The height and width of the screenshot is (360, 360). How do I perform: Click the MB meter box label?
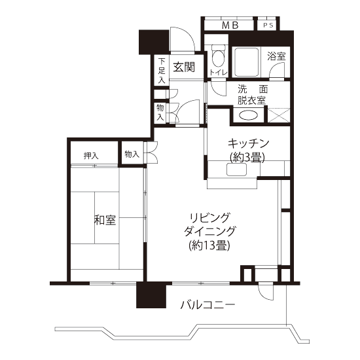point(230,26)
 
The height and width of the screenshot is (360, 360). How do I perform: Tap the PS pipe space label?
point(268,26)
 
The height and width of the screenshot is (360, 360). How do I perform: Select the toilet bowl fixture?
point(218,56)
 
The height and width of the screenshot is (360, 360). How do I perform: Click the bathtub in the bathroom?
point(246,62)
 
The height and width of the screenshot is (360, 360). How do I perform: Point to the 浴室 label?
point(276,56)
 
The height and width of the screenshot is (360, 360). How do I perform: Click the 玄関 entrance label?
point(184,67)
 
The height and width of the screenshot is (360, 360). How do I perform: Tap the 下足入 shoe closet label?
point(162,71)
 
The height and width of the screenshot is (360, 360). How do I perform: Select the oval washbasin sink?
point(248,115)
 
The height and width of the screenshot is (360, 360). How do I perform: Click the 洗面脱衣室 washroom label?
point(252,95)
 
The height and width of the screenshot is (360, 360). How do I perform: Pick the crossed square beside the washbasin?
point(279,115)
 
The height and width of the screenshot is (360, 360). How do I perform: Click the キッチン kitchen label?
point(248,144)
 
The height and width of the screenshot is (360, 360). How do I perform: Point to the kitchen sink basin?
point(236,170)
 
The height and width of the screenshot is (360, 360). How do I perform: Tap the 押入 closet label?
point(91,156)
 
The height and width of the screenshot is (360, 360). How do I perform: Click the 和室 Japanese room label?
point(105,220)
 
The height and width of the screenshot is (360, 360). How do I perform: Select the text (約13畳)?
point(209,246)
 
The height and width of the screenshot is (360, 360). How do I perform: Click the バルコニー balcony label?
point(207,305)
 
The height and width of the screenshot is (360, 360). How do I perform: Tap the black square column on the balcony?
point(151,295)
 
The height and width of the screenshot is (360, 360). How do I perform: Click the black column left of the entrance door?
point(154,42)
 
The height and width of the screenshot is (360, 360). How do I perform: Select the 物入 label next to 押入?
point(132,154)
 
